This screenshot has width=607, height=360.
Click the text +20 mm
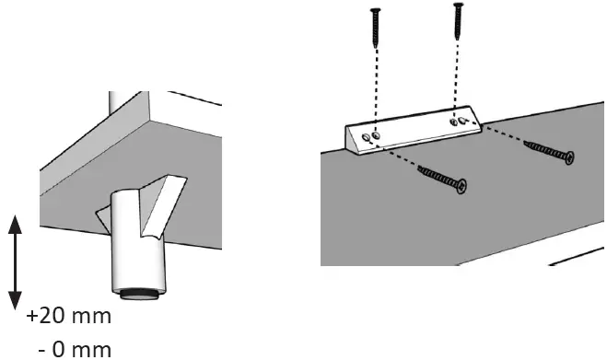pyautogui.click(x=69, y=317)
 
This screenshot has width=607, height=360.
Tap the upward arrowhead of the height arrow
pyautogui.click(x=15, y=221)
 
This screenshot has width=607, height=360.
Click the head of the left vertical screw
pyautogui.click(x=375, y=12)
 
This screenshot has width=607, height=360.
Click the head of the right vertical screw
pyautogui.click(x=457, y=7)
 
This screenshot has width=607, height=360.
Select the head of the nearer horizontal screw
pyautogui.click(x=460, y=187)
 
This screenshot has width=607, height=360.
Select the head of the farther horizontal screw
pyautogui.click(x=567, y=157)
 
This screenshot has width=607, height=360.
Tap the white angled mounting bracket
pyautogui.click(x=414, y=131)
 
